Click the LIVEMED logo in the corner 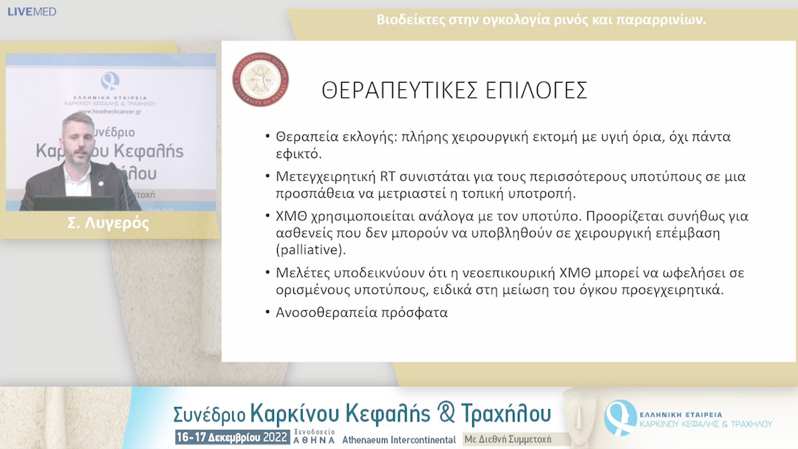coord(31,12)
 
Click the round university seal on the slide coord(261,80)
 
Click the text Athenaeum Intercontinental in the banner coord(399,439)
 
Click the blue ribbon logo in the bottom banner coord(619,417)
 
